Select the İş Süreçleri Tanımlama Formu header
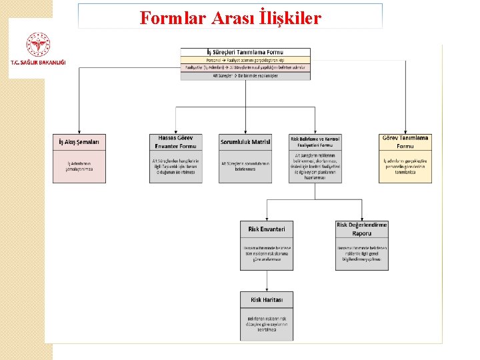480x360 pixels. click(245, 51)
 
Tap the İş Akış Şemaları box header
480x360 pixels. click(79, 142)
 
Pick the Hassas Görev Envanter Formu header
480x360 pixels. click(176, 142)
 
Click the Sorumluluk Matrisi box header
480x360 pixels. click(245, 142)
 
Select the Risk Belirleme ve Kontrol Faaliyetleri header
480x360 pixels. click(315, 142)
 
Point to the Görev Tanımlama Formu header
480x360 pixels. click(405, 142)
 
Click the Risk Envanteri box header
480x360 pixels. click(267, 229)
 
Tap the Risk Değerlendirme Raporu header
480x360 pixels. click(362, 229)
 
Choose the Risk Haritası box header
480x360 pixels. click(267, 300)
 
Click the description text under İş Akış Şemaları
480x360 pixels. click(79, 166)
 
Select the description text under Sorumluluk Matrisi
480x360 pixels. click(245, 166)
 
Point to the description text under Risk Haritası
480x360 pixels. click(267, 325)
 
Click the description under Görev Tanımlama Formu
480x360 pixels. click(405, 166)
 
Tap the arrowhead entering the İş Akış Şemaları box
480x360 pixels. click(79, 132)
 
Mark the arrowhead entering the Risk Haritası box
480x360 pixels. click(267, 289)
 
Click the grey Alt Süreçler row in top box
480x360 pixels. click(245, 76)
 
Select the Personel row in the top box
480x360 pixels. click(245, 60)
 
